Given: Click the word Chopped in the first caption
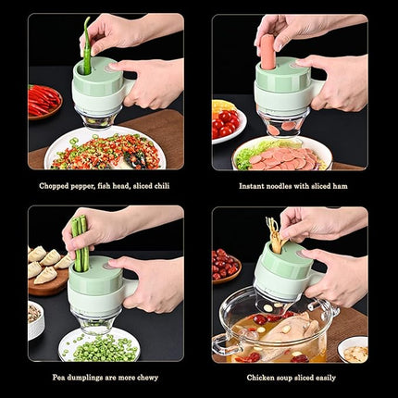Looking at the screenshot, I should [54, 185].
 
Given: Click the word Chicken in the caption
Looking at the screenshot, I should [262, 378].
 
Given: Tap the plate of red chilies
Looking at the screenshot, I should [44, 100].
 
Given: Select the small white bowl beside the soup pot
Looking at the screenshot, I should [354, 350].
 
